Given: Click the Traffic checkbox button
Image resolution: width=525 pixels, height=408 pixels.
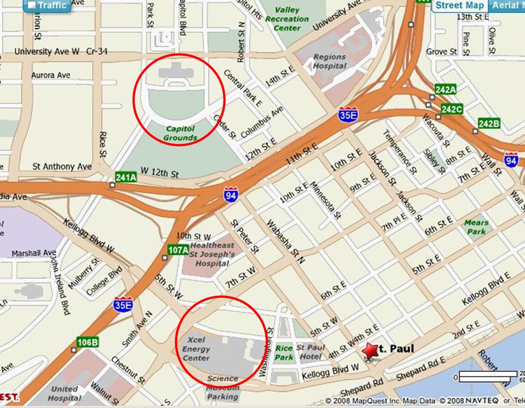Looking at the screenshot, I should (47, 5).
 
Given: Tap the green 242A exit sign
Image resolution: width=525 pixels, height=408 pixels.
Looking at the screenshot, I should (445, 90).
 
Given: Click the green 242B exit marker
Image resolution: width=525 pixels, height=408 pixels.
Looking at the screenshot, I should (489, 123).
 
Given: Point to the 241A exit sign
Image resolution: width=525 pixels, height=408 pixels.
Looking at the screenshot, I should (126, 177).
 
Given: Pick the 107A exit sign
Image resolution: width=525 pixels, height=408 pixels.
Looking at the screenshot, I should (178, 250).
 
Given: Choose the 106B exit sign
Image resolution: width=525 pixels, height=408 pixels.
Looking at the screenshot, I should (87, 343).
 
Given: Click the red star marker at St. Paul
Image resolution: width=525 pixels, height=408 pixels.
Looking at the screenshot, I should (370, 350).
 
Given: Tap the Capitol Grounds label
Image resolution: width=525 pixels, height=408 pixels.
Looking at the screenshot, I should (180, 133).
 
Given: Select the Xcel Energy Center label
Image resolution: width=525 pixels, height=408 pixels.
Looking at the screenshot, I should (196, 349).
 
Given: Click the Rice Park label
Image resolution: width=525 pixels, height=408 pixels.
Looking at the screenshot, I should (284, 352).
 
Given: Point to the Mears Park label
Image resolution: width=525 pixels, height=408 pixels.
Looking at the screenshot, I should (476, 227).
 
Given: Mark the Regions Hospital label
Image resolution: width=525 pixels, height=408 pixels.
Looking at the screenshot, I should (330, 61).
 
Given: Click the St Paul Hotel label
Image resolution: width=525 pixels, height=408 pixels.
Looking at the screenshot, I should (311, 352).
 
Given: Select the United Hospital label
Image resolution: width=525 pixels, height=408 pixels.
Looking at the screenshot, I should (64, 393).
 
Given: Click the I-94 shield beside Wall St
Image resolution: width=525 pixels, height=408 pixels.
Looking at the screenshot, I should (511, 159).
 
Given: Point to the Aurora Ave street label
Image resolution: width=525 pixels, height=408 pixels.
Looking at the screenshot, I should (50, 76).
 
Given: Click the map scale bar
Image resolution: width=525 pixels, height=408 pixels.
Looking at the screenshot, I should (488, 376).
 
